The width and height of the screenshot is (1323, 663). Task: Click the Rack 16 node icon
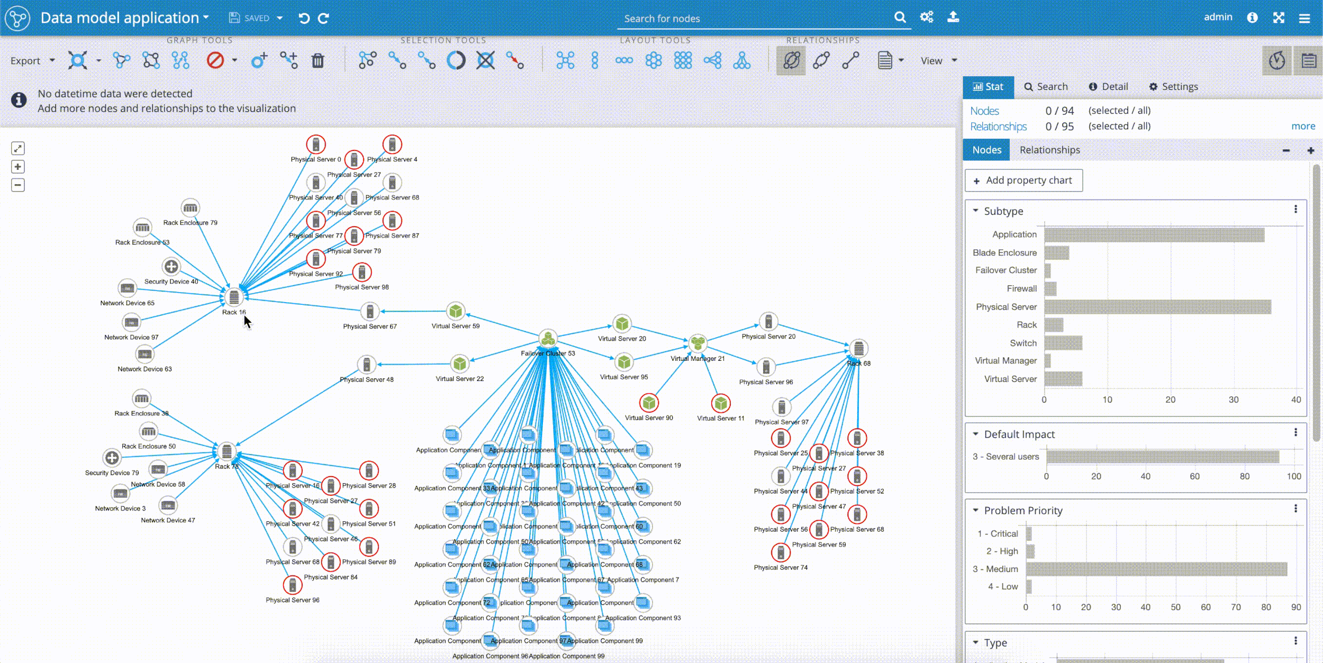234,297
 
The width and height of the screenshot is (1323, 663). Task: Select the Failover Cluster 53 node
548,338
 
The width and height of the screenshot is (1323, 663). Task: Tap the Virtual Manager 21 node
698,343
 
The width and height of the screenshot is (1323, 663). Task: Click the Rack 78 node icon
226,451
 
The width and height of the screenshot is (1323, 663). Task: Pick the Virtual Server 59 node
456,311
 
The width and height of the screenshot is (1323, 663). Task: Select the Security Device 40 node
171,267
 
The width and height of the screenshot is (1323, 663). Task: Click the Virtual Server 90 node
649,403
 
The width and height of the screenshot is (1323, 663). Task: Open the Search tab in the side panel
1046,87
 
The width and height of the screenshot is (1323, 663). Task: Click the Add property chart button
1023,180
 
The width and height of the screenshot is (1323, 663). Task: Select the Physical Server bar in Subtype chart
1157,307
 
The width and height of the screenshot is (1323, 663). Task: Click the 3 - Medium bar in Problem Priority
1156,569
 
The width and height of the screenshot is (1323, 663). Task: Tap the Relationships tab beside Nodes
1049,150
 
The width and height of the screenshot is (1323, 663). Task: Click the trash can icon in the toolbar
318,61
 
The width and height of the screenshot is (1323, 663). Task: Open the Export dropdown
32,61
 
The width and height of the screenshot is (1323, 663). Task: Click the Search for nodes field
757,19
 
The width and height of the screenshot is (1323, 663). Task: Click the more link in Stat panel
1303,126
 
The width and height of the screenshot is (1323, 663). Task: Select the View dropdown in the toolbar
938,61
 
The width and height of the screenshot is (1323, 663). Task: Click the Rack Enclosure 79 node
190,208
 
